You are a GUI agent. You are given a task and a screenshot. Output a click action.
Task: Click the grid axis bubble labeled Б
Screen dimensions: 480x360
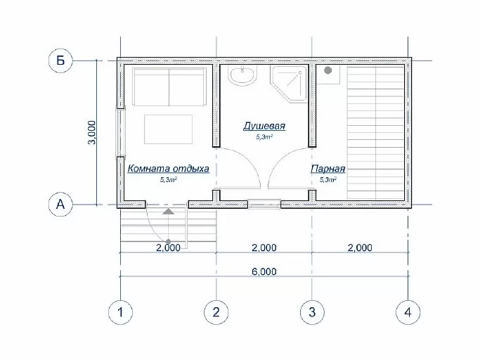click(60, 60)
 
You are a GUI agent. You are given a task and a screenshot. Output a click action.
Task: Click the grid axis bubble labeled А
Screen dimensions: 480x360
click(60, 204)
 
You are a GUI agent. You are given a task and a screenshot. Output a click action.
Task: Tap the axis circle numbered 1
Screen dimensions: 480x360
click(120, 312)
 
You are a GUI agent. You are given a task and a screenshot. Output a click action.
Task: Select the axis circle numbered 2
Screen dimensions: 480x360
click(216, 312)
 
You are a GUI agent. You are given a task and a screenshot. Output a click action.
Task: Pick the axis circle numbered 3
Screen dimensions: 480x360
click(312, 312)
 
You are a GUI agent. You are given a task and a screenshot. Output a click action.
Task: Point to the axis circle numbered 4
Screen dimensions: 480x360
click(408, 312)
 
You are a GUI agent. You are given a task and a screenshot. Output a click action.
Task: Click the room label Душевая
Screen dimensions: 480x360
click(264, 126)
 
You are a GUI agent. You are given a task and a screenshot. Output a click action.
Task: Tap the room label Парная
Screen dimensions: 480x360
click(328, 169)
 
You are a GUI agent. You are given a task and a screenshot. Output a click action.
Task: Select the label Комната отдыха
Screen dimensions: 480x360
click(169, 169)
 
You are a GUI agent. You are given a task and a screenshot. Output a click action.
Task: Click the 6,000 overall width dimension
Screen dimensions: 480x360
click(264, 271)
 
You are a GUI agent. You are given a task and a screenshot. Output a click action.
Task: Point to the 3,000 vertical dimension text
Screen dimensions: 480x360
click(92, 132)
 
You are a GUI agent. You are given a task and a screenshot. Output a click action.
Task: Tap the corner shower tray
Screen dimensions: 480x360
click(288, 84)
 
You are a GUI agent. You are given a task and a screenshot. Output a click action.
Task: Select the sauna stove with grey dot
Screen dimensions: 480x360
click(328, 74)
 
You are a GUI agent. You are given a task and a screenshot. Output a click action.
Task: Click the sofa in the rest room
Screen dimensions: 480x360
click(169, 87)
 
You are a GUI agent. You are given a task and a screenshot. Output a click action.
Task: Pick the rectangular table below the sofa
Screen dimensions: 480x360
click(169, 129)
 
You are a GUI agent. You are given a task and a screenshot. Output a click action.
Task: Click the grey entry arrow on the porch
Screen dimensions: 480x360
click(168, 212)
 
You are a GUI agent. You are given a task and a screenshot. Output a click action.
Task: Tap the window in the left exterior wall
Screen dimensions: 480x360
click(120, 132)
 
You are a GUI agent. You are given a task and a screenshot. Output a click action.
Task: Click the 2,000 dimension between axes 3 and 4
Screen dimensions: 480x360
click(360, 247)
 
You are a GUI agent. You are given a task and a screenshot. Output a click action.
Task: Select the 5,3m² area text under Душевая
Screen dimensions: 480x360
click(264, 137)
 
